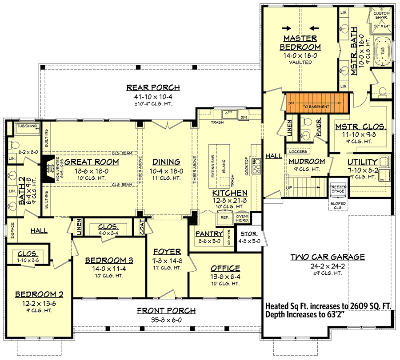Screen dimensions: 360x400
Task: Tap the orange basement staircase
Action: [x=316, y=103]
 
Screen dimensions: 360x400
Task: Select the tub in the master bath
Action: [x=383, y=52]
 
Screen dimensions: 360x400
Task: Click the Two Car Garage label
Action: [x=328, y=257]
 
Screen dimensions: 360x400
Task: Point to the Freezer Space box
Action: [x=338, y=190]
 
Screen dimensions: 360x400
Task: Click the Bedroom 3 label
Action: [x=109, y=261]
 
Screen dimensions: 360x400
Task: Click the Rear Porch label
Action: [x=147, y=87]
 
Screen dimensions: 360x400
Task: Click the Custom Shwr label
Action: [x=381, y=16]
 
